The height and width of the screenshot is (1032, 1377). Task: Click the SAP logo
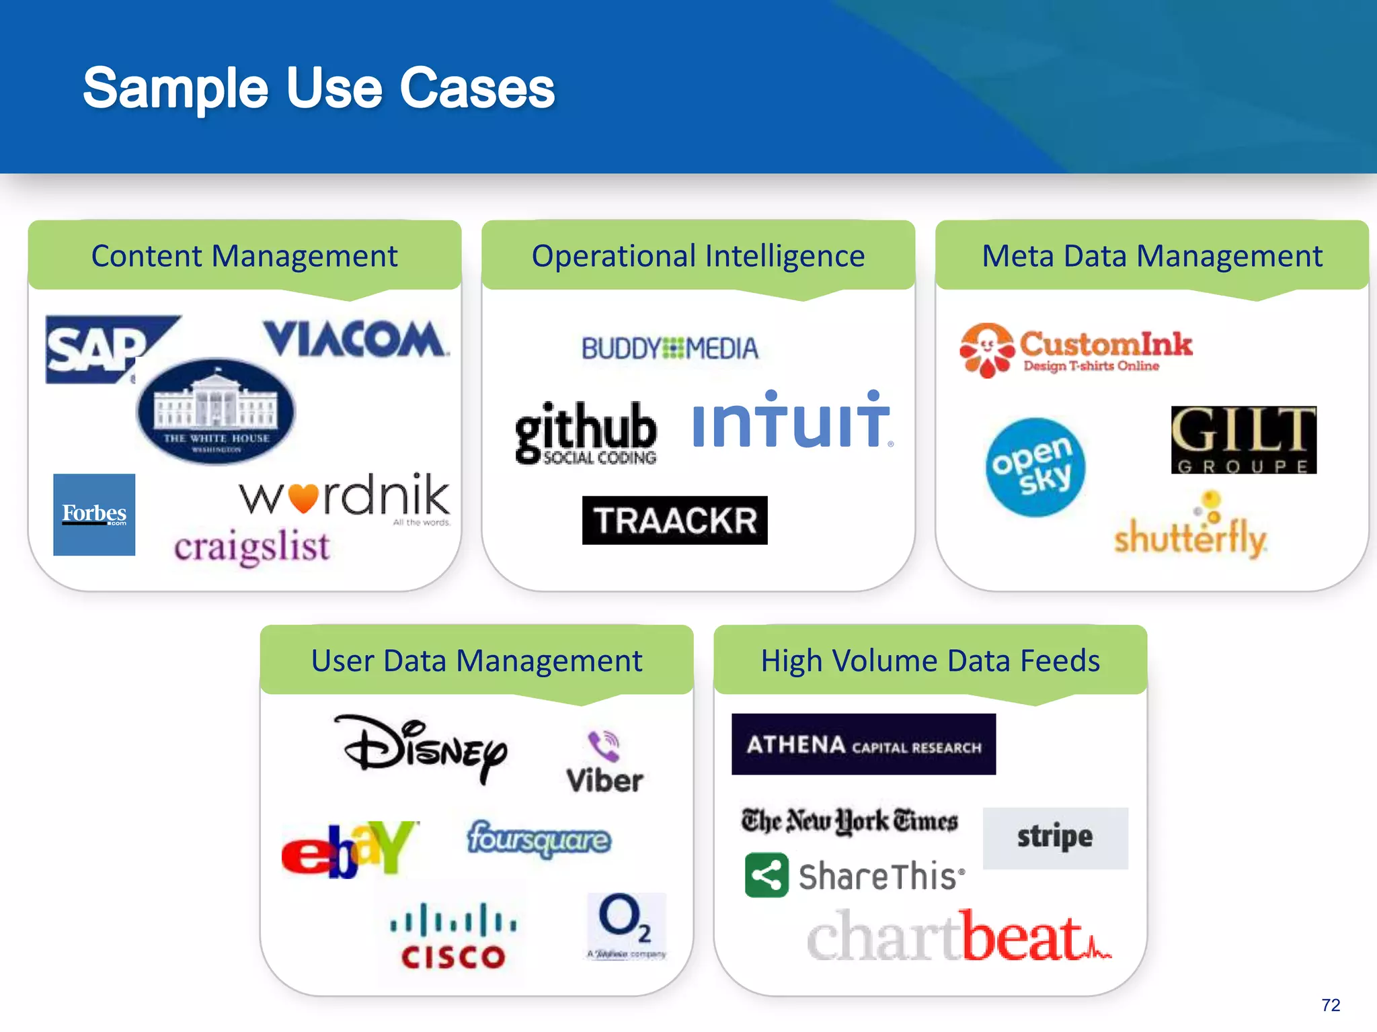[x=97, y=349]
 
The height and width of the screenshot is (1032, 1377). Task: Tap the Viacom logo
[x=354, y=339]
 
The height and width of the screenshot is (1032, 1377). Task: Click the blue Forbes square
[x=94, y=515]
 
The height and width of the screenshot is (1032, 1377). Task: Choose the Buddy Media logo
[x=670, y=349]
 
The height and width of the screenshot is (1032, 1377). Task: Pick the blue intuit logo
[x=791, y=421]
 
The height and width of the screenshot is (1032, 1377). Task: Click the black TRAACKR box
[x=674, y=520]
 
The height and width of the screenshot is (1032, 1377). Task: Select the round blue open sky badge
[x=1035, y=468]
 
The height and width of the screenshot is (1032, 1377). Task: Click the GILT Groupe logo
[x=1243, y=440]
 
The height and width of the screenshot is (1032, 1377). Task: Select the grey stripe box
[x=1055, y=838]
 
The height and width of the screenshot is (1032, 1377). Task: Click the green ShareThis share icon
[x=766, y=875]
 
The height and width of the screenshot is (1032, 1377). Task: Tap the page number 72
[x=1330, y=1005]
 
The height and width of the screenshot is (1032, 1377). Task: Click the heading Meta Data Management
[x=1152, y=256]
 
